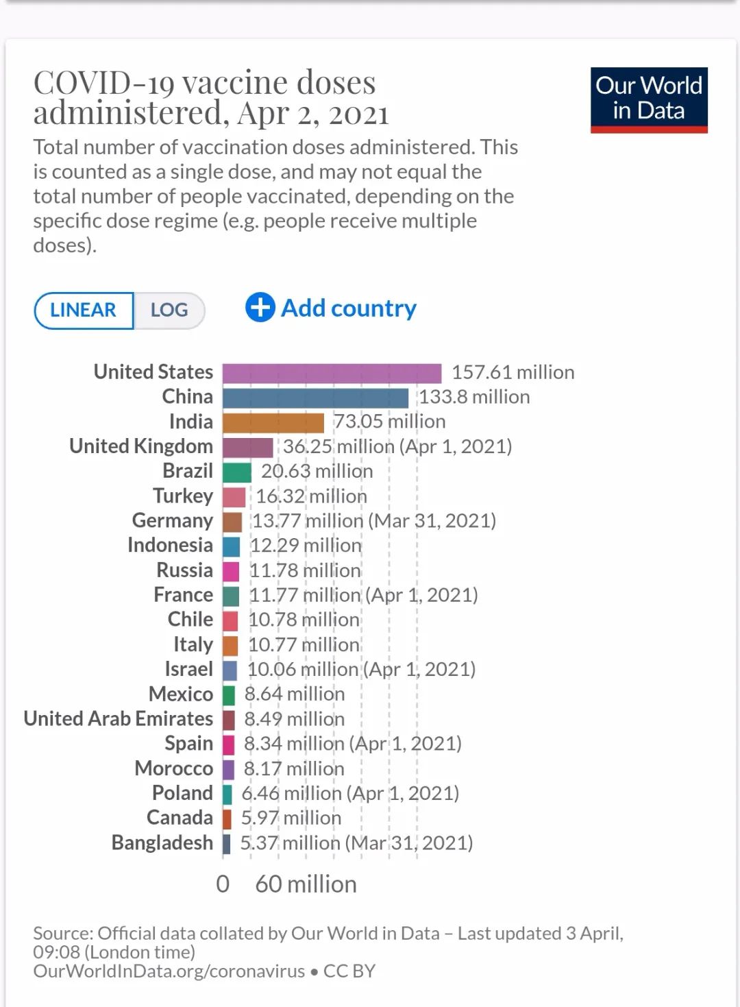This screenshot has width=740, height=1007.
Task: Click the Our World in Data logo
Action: pyautogui.click(x=648, y=99)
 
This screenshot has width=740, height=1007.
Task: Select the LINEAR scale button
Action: pyautogui.click(x=84, y=310)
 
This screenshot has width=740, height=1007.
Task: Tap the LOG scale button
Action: pyautogui.click(x=169, y=310)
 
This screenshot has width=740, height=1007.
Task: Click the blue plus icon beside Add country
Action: pyautogui.click(x=260, y=308)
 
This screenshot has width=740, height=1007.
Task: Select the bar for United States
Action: pyautogui.click(x=332, y=374)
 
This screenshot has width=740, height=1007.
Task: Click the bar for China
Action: pyautogui.click(x=315, y=398)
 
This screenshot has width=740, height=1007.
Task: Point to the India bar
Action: pyautogui.click(x=273, y=423)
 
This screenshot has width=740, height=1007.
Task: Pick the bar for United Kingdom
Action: pyautogui.click(x=247, y=448)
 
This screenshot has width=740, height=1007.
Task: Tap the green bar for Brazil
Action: pyautogui.click(x=237, y=472)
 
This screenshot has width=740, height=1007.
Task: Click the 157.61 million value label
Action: pyautogui.click(x=513, y=372)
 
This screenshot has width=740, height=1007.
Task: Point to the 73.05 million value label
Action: pyautogui.click(x=389, y=422)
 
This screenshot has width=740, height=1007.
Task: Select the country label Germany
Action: pyautogui.click(x=173, y=520)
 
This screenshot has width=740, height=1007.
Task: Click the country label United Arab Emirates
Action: pyautogui.click(x=119, y=718)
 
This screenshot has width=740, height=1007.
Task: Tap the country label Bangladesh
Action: pyautogui.click(x=162, y=842)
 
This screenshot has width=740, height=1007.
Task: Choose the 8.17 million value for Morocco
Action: pyautogui.click(x=294, y=768)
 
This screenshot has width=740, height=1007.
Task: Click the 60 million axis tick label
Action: pyautogui.click(x=306, y=884)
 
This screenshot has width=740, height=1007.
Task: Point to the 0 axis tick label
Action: pyautogui.click(x=223, y=884)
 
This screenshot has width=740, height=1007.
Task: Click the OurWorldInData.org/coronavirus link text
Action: pyautogui.click(x=169, y=971)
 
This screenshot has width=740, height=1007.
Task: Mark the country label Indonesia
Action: pyautogui.click(x=170, y=545)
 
